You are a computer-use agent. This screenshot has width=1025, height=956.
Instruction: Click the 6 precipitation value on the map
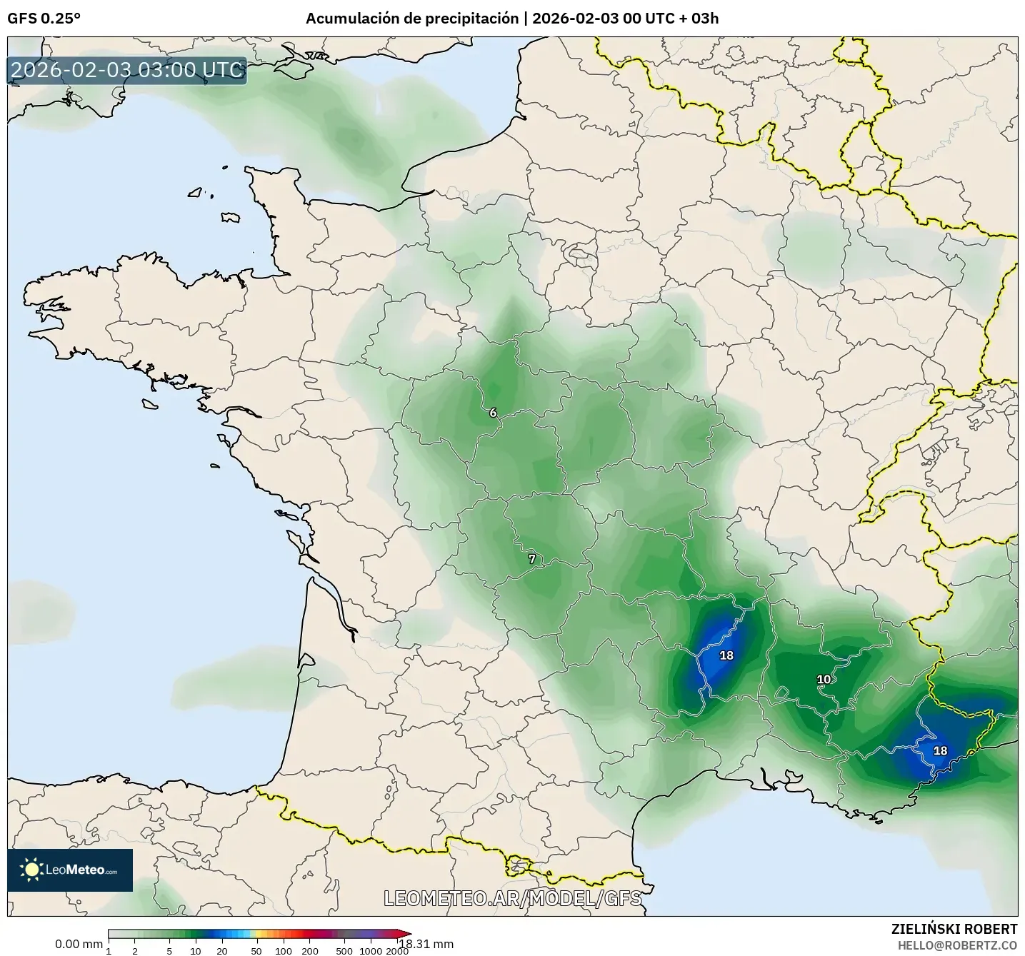coord(493,413)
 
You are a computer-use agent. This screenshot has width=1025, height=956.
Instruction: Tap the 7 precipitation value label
coord(531,559)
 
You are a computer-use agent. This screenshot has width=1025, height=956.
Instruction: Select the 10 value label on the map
coord(824,679)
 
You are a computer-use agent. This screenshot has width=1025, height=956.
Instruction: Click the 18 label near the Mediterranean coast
coord(940,750)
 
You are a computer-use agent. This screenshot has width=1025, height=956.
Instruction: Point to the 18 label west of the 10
coord(726,655)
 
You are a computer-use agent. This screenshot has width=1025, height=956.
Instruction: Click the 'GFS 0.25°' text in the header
coord(44,19)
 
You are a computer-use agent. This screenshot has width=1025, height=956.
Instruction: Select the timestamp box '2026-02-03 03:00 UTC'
coord(127,70)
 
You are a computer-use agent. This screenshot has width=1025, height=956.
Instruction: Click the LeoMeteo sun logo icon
coord(31,869)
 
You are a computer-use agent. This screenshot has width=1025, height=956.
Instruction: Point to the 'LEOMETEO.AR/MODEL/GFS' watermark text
coord(512,898)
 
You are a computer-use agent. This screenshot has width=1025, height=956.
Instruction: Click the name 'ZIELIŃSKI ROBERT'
coord(954,929)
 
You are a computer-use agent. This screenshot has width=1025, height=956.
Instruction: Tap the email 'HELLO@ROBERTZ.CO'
coord(957,945)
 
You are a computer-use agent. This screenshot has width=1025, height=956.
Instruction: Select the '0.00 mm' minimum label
coord(79,944)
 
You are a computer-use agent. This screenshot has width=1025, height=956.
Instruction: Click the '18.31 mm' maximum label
coord(426,944)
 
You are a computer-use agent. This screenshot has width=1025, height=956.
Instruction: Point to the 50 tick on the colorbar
coord(256,950)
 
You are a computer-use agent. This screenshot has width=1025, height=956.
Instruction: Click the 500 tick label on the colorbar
coord(344,950)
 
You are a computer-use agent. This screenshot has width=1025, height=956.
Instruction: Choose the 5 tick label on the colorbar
coord(169,950)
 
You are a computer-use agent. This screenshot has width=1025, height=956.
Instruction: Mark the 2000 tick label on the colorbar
coord(397,950)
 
